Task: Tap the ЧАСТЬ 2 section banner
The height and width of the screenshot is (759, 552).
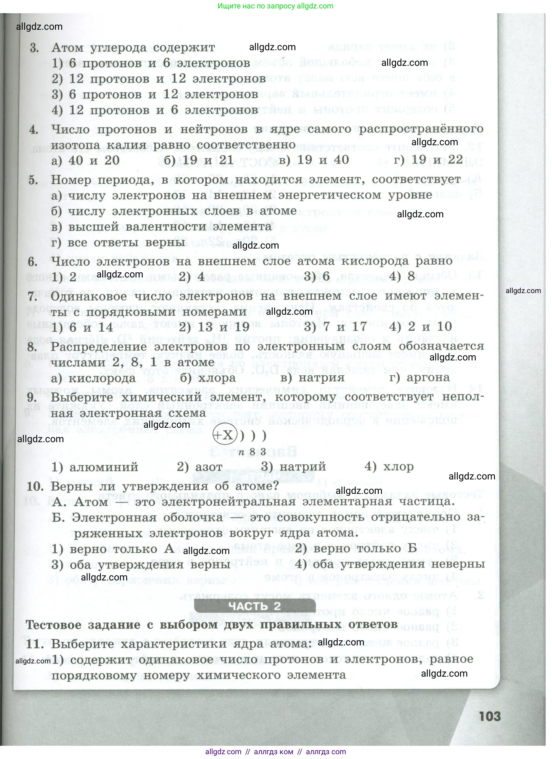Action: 255,606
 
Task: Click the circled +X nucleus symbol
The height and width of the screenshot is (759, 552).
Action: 224,435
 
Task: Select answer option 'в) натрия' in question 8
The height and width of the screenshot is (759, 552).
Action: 312,378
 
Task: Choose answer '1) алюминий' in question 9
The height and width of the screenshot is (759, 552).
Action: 95,467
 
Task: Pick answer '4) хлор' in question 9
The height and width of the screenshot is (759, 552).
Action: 389,466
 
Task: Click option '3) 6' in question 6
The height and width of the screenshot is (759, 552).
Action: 316,277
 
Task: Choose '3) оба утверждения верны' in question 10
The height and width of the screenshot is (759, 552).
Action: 141,565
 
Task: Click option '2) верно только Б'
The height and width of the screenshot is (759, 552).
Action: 356,549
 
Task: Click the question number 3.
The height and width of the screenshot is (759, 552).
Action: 34,48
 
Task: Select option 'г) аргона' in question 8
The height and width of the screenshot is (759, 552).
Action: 419,378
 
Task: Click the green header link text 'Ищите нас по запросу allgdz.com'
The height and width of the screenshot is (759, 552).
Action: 275,6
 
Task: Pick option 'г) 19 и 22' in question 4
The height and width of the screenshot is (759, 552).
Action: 428,160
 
